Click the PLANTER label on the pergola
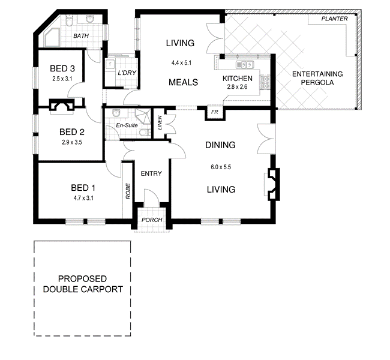click(x=334, y=19)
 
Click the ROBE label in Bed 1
click(x=127, y=191)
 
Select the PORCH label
click(x=151, y=220)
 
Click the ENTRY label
click(x=151, y=173)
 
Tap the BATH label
click(x=80, y=36)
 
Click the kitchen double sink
click(x=245, y=64)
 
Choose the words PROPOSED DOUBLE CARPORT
click(x=82, y=284)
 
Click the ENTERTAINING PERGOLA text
click(x=317, y=78)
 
